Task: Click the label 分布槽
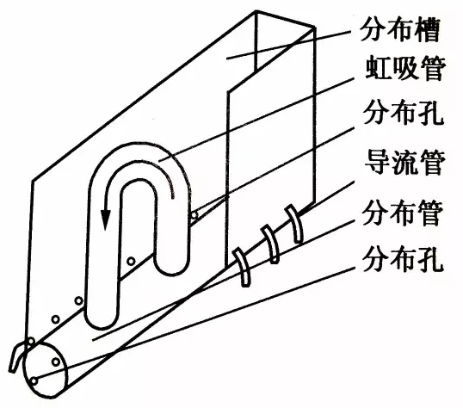[x=400, y=30]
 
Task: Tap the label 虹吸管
[x=405, y=69]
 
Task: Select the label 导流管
[x=404, y=163]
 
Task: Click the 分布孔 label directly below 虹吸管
[x=404, y=114]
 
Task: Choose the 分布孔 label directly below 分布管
[x=404, y=260]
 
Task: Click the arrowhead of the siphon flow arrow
[x=105, y=219]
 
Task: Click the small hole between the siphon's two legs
[x=131, y=261]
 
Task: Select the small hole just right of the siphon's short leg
[x=194, y=215]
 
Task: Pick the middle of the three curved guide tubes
[x=271, y=244]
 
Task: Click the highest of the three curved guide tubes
[x=294, y=224]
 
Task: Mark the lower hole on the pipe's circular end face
[x=34, y=381]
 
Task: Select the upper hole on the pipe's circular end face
[x=56, y=362]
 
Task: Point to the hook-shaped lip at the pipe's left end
[x=17, y=356]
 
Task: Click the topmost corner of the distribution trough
[x=256, y=12]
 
